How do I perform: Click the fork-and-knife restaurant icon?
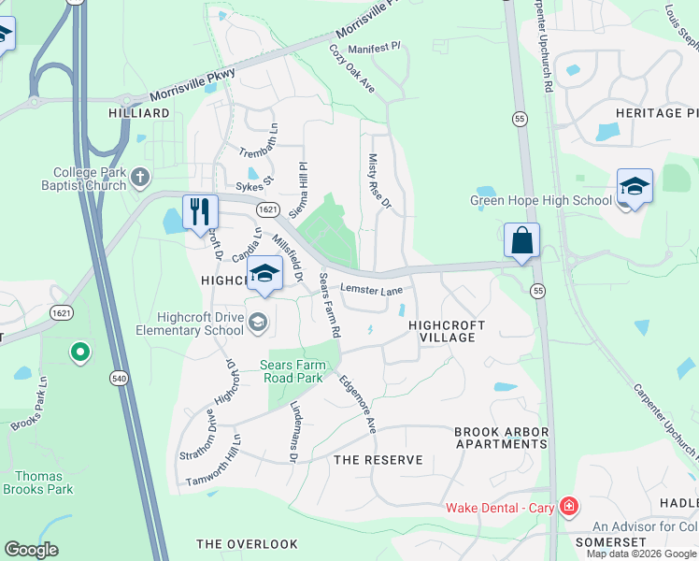[x=200, y=212]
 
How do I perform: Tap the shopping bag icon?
[x=521, y=239]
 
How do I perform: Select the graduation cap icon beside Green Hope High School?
[x=634, y=187]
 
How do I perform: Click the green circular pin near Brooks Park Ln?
[x=80, y=352]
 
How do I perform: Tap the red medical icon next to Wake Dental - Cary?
[x=569, y=508]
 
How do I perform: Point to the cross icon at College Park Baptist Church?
[x=140, y=176]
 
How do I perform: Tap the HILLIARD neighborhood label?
[x=138, y=113]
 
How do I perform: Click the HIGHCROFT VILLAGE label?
[x=447, y=331]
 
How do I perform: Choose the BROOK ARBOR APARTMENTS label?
[x=500, y=438]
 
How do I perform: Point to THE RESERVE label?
[x=378, y=460]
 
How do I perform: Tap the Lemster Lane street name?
[x=371, y=290]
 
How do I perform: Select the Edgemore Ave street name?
[x=357, y=405]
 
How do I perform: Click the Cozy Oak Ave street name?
[x=351, y=68]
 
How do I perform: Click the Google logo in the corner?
[x=31, y=550]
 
